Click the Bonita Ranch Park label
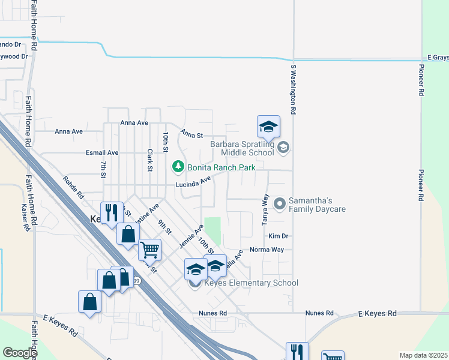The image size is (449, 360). (x=221, y=167)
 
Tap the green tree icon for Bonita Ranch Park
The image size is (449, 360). (x=178, y=166)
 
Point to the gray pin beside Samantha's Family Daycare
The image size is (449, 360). (x=279, y=205)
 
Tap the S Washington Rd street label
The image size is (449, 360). (x=294, y=90)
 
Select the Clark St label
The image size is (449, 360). (x=149, y=160)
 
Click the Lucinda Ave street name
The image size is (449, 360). (x=193, y=181)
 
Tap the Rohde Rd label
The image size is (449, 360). (x=73, y=188)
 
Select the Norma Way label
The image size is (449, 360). (x=267, y=250)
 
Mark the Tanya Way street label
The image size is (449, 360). (x=265, y=209)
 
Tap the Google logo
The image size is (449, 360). (x=20, y=352)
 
